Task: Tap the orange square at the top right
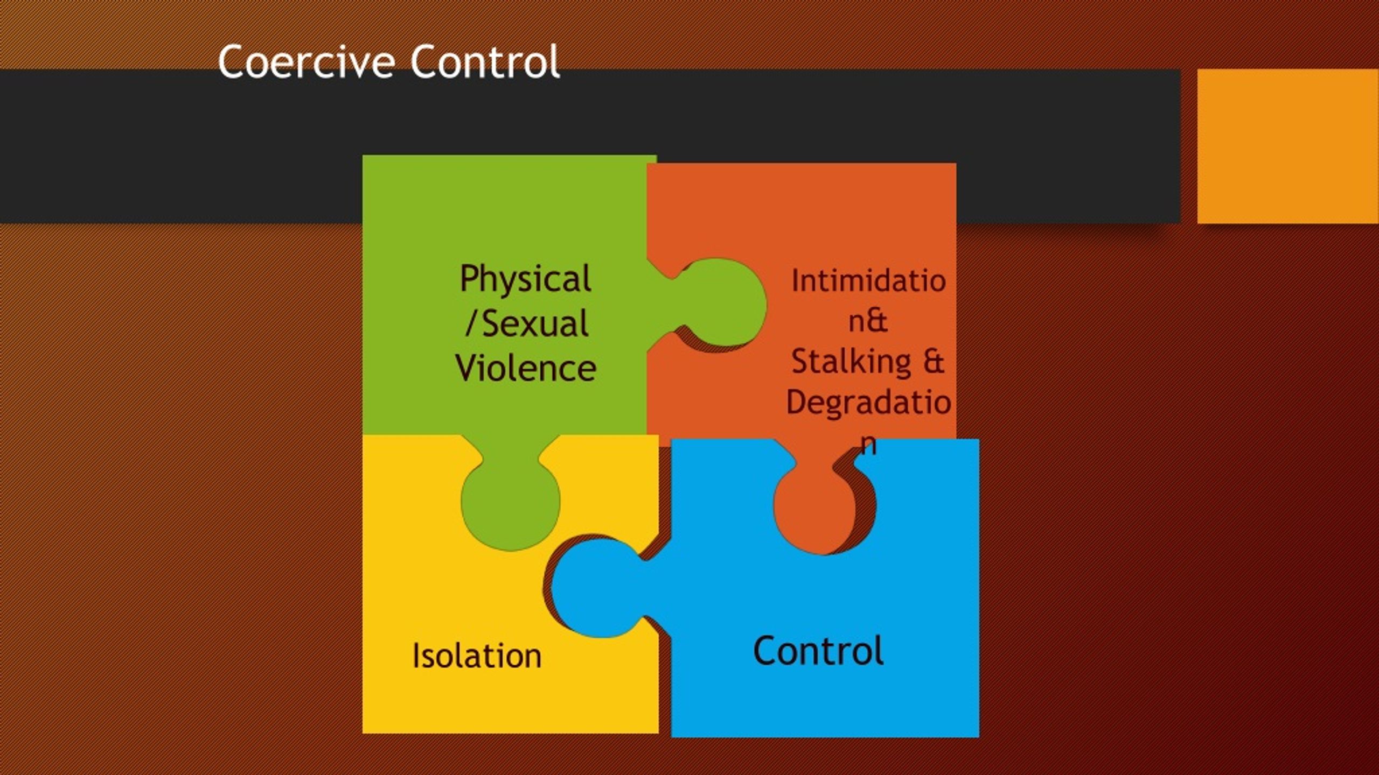1287,146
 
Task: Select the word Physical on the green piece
525,280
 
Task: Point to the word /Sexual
526,324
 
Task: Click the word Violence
526,369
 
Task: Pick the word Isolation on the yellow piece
477,656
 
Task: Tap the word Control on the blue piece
818,651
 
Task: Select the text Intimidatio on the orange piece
868,281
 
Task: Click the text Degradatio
868,403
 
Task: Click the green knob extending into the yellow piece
510,503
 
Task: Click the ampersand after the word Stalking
934,361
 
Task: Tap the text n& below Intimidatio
868,321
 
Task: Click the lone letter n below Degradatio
868,444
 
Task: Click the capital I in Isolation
416,656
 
